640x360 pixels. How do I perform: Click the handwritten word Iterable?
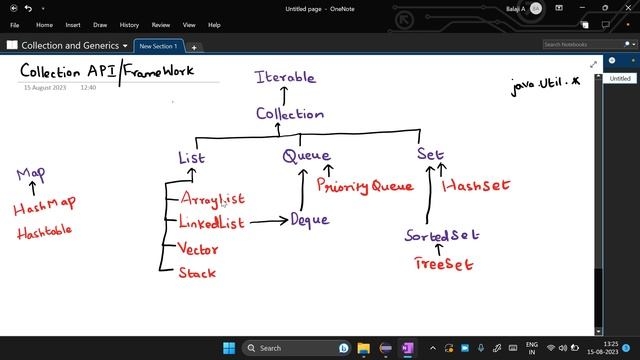[x=285, y=77]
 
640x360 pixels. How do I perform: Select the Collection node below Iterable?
[x=289, y=113]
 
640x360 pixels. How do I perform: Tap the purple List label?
[x=191, y=157]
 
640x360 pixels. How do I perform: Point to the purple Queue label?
[x=306, y=156]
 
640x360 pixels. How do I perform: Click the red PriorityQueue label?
[x=364, y=185]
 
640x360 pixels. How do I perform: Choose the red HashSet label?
[x=476, y=185]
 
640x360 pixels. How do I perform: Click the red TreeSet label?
[x=444, y=264]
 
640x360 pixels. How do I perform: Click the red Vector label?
[x=199, y=248]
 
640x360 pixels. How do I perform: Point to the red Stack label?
[x=197, y=272]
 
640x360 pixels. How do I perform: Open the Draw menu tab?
[x=100, y=24]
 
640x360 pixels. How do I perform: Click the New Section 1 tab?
[x=158, y=46]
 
